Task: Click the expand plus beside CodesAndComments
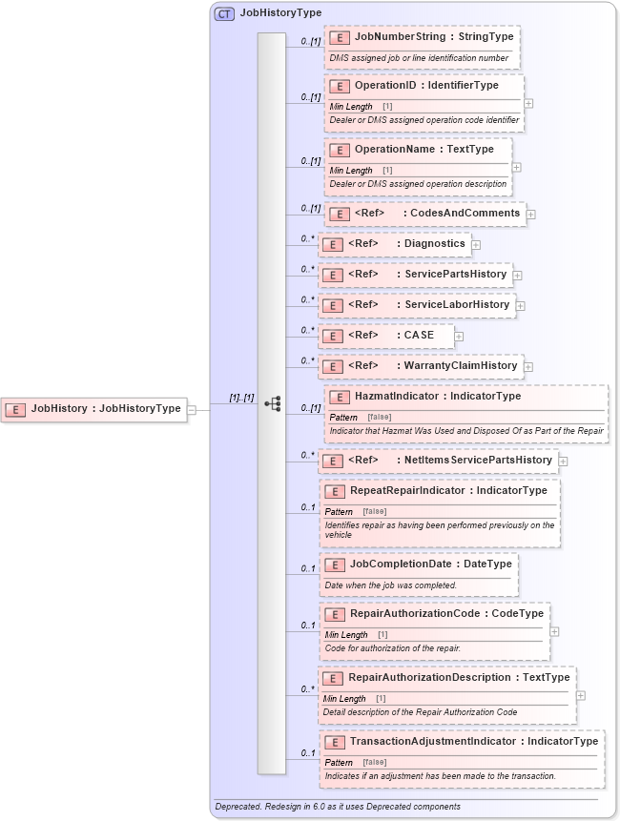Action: click(x=531, y=215)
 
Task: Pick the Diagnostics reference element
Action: click(x=396, y=244)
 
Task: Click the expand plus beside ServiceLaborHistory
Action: click(x=521, y=306)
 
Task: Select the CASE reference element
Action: click(x=390, y=336)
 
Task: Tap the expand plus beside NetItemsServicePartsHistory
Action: click(x=563, y=462)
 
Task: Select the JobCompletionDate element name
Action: click(x=400, y=564)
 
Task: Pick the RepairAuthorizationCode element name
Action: click(x=414, y=614)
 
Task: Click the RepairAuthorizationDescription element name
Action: click(x=429, y=678)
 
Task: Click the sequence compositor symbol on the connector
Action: click(x=273, y=403)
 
